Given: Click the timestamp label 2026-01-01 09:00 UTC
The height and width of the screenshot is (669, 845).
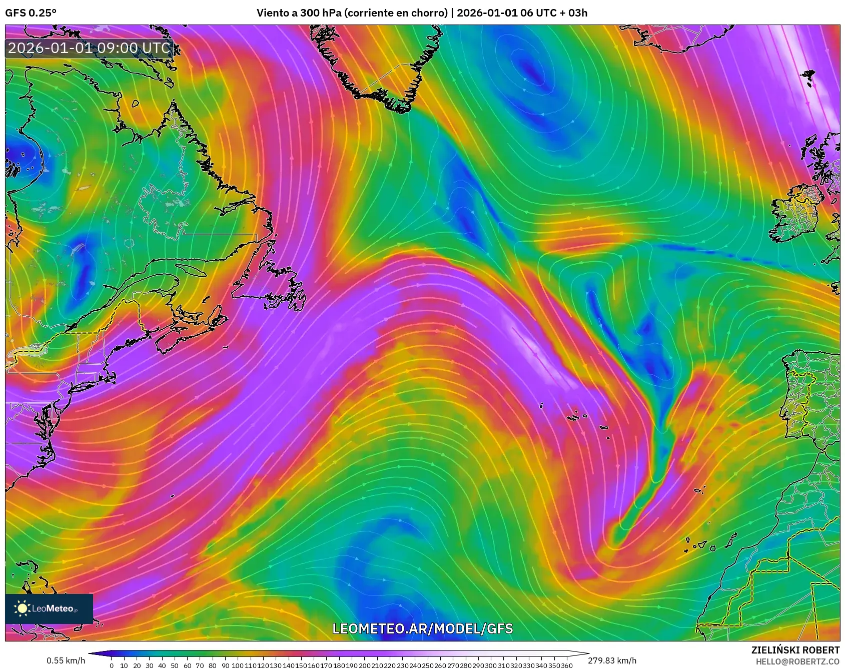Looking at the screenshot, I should coord(89,48).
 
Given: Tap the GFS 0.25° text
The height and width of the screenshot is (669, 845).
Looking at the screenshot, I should coord(31,13).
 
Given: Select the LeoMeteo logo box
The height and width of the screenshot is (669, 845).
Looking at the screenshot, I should coord(49,608).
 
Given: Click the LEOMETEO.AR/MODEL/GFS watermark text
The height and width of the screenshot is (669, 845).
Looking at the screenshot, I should coord(423,628).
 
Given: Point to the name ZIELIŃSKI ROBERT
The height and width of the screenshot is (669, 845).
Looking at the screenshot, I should coord(795,650).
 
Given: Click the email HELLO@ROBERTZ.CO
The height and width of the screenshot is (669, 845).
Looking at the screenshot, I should coord(797,661).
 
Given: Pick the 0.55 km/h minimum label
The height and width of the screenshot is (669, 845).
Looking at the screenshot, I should coord(66,660).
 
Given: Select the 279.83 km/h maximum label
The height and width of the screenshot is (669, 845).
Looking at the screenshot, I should coord(612,660).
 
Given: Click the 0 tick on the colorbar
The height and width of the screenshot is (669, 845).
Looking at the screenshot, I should coord(111,665).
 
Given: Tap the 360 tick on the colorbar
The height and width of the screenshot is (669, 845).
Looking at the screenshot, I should coord(567,665).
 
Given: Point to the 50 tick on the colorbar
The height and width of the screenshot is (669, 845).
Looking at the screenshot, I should coord(174,665).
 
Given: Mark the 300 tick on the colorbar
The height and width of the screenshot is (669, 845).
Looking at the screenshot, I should coord(491,665).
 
